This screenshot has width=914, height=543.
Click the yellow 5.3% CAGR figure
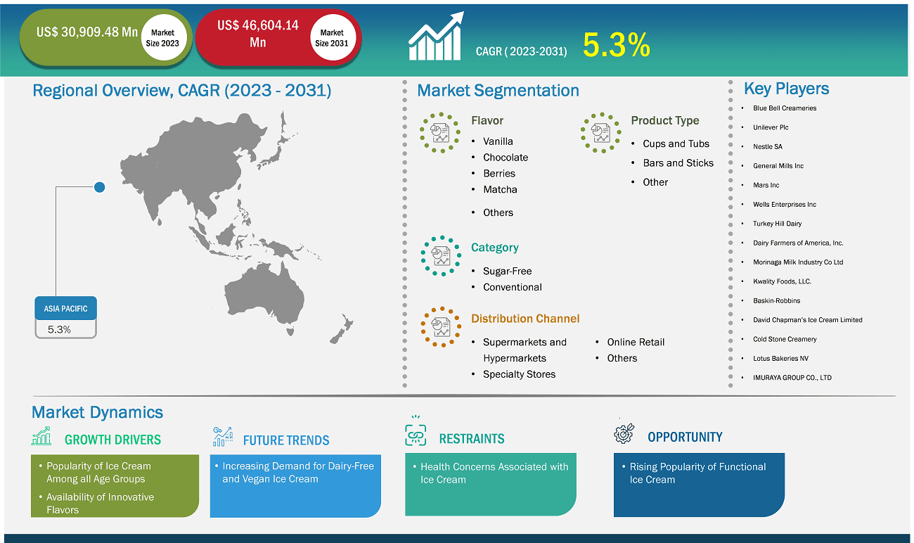(616, 44)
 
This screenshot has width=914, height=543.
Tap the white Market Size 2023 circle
(163, 37)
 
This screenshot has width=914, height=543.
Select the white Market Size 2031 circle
(333, 37)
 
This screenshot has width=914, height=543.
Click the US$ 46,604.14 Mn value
(258, 34)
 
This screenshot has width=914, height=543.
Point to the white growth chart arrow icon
(436, 37)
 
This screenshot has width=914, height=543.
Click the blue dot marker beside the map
(100, 187)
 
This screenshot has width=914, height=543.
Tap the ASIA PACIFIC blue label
(65, 308)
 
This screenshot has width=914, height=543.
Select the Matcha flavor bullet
(500, 189)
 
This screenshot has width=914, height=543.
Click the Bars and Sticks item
(678, 163)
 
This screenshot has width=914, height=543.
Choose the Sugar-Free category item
(507, 271)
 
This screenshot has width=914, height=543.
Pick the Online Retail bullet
(636, 342)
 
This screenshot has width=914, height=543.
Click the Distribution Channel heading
(525, 319)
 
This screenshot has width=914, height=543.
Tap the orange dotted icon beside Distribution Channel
(441, 327)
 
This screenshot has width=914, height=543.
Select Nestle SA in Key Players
(768, 146)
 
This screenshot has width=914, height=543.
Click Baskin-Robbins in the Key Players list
(776, 300)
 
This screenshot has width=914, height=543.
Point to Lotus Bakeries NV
(780, 359)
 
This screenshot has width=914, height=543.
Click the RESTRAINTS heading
(472, 439)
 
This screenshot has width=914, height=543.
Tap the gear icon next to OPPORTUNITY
(624, 433)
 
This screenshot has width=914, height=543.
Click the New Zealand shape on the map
(342, 329)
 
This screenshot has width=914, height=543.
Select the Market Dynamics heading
(97, 412)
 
